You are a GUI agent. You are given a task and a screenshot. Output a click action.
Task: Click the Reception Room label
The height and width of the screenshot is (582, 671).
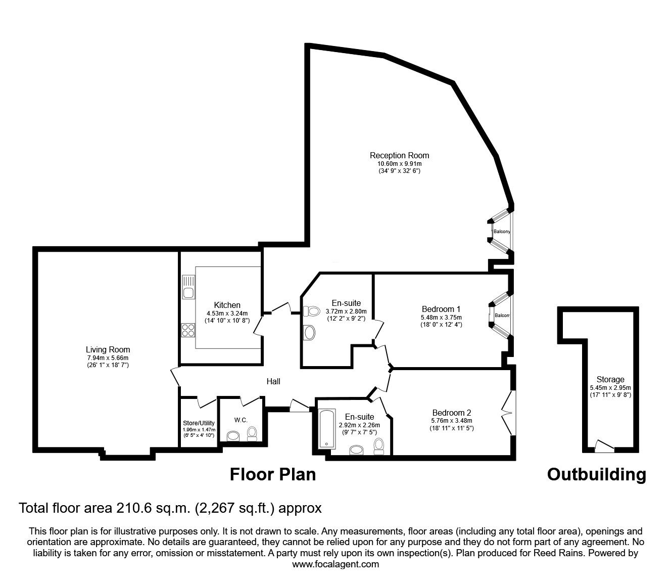pos(399,156)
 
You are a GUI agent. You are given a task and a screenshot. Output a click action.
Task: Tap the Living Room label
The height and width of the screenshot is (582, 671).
pos(108,349)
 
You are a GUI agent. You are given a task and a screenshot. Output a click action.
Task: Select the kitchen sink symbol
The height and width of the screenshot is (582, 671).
pos(188,287)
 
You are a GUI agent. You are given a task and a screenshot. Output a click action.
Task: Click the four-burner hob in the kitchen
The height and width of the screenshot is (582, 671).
pos(188,330)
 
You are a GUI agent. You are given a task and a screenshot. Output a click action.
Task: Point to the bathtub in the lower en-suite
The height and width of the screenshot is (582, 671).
pos(326,429)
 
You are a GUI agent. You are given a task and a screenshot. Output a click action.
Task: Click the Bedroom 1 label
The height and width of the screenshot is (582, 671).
pos(441,309)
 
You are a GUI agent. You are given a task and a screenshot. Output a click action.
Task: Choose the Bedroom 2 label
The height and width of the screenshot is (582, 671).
pos(452,413)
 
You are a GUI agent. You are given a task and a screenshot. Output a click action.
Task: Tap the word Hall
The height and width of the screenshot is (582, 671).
pos(273,381)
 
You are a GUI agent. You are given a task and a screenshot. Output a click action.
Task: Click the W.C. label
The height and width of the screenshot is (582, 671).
pos(241,420)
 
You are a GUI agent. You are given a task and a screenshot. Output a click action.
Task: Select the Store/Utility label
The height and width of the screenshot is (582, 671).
pos(199,423)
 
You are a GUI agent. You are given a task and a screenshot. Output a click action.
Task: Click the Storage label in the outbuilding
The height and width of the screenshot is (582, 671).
pos(610,380)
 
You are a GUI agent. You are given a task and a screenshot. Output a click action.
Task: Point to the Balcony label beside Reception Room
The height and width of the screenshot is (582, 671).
pos(502,232)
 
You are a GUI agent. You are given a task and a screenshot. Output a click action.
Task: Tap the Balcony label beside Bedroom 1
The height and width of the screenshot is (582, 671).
pos(502,316)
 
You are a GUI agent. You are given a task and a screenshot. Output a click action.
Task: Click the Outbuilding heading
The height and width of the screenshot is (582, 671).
pos(597,475)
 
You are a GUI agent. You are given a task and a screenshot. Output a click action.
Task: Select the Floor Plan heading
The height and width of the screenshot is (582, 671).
pos(273,475)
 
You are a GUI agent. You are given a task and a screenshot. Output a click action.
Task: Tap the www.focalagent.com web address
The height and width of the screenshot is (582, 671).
pos(335,564)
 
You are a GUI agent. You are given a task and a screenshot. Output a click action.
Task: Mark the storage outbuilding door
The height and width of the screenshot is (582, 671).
pos(604,446)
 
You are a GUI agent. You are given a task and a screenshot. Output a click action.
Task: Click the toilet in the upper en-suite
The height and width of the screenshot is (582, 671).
pos(311,311)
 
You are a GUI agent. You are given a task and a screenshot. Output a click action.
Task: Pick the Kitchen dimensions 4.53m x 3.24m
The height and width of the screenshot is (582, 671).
pos(227,314)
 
